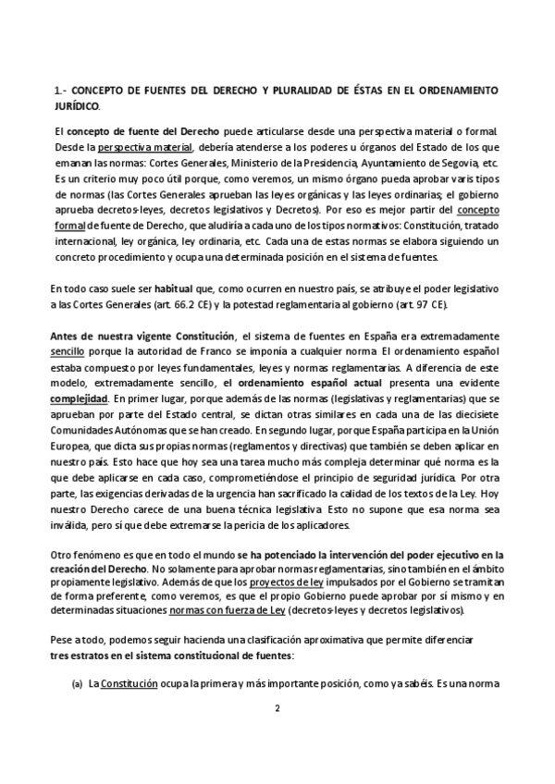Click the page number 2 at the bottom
tap(277, 709)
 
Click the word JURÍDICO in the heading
tap(78, 106)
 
